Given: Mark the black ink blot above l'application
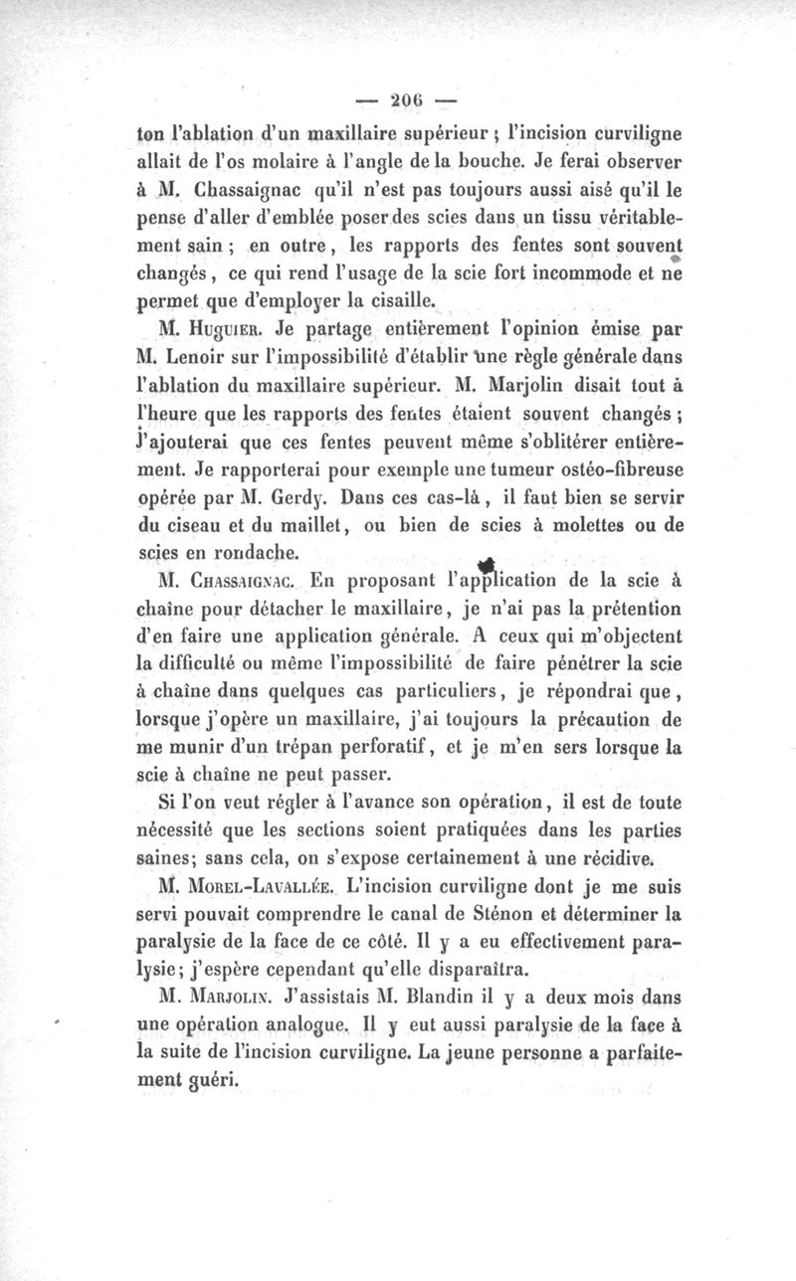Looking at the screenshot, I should point(488,563).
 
